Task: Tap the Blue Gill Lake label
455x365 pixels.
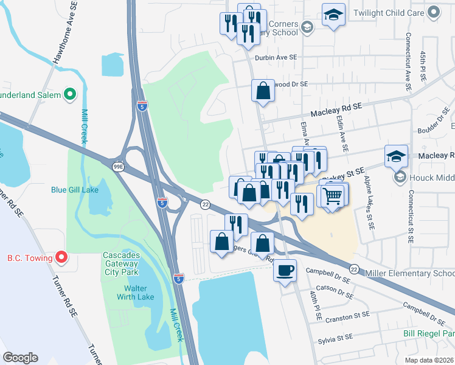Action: tap(75, 189)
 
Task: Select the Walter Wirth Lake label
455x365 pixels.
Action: tap(139, 293)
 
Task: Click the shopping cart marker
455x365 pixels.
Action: tap(333, 196)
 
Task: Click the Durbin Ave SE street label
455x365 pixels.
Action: tap(276, 57)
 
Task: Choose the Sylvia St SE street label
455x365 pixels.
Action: tap(332, 337)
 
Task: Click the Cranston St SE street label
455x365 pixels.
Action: tap(348, 316)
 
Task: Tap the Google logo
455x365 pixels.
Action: tap(21, 358)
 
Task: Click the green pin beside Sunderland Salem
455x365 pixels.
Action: tap(70, 95)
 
